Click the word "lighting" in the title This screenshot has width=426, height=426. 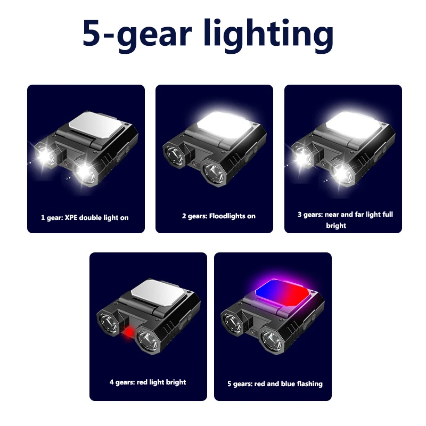pos(269,35)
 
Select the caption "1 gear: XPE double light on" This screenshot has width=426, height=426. pos(85,218)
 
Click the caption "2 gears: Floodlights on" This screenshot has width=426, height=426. pos(219,216)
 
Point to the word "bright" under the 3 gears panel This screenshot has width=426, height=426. pos(336,225)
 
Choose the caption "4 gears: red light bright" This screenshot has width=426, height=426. pos(148,382)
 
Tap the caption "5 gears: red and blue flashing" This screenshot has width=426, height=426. pos(275,383)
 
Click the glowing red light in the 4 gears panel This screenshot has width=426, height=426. pos(129,332)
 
